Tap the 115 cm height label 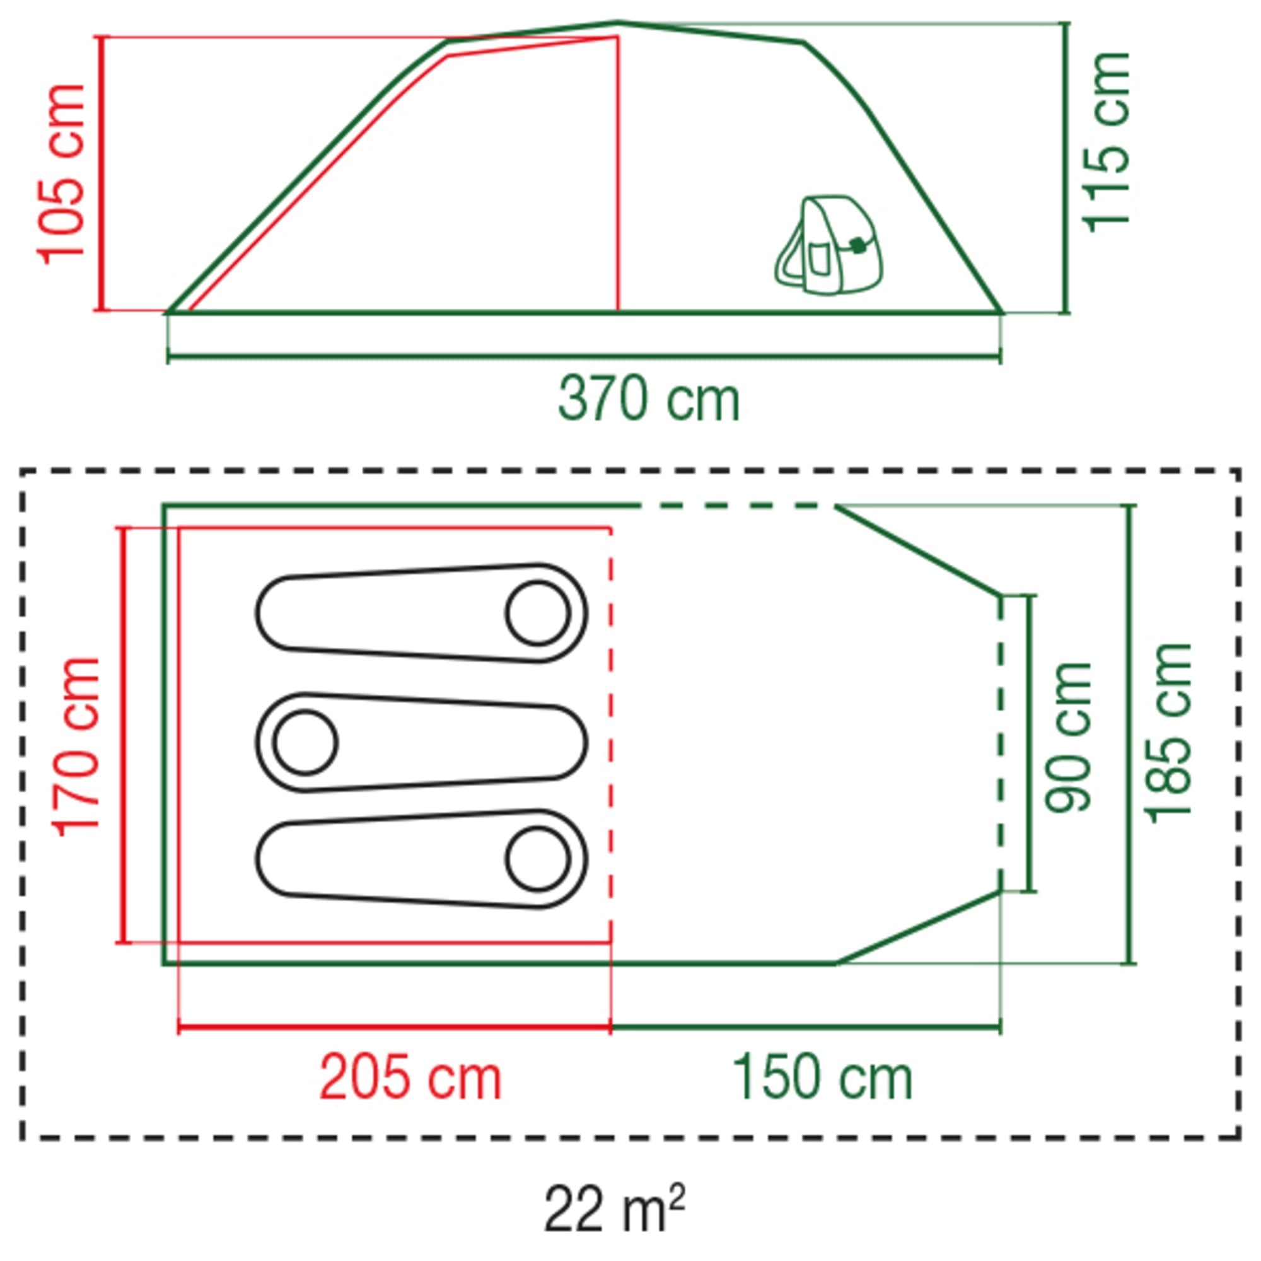click(x=1107, y=141)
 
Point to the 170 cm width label click(x=78, y=747)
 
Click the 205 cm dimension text click(x=410, y=1078)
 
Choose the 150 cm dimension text click(x=822, y=1078)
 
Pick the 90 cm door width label click(x=1069, y=738)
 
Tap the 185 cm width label click(x=1168, y=733)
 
